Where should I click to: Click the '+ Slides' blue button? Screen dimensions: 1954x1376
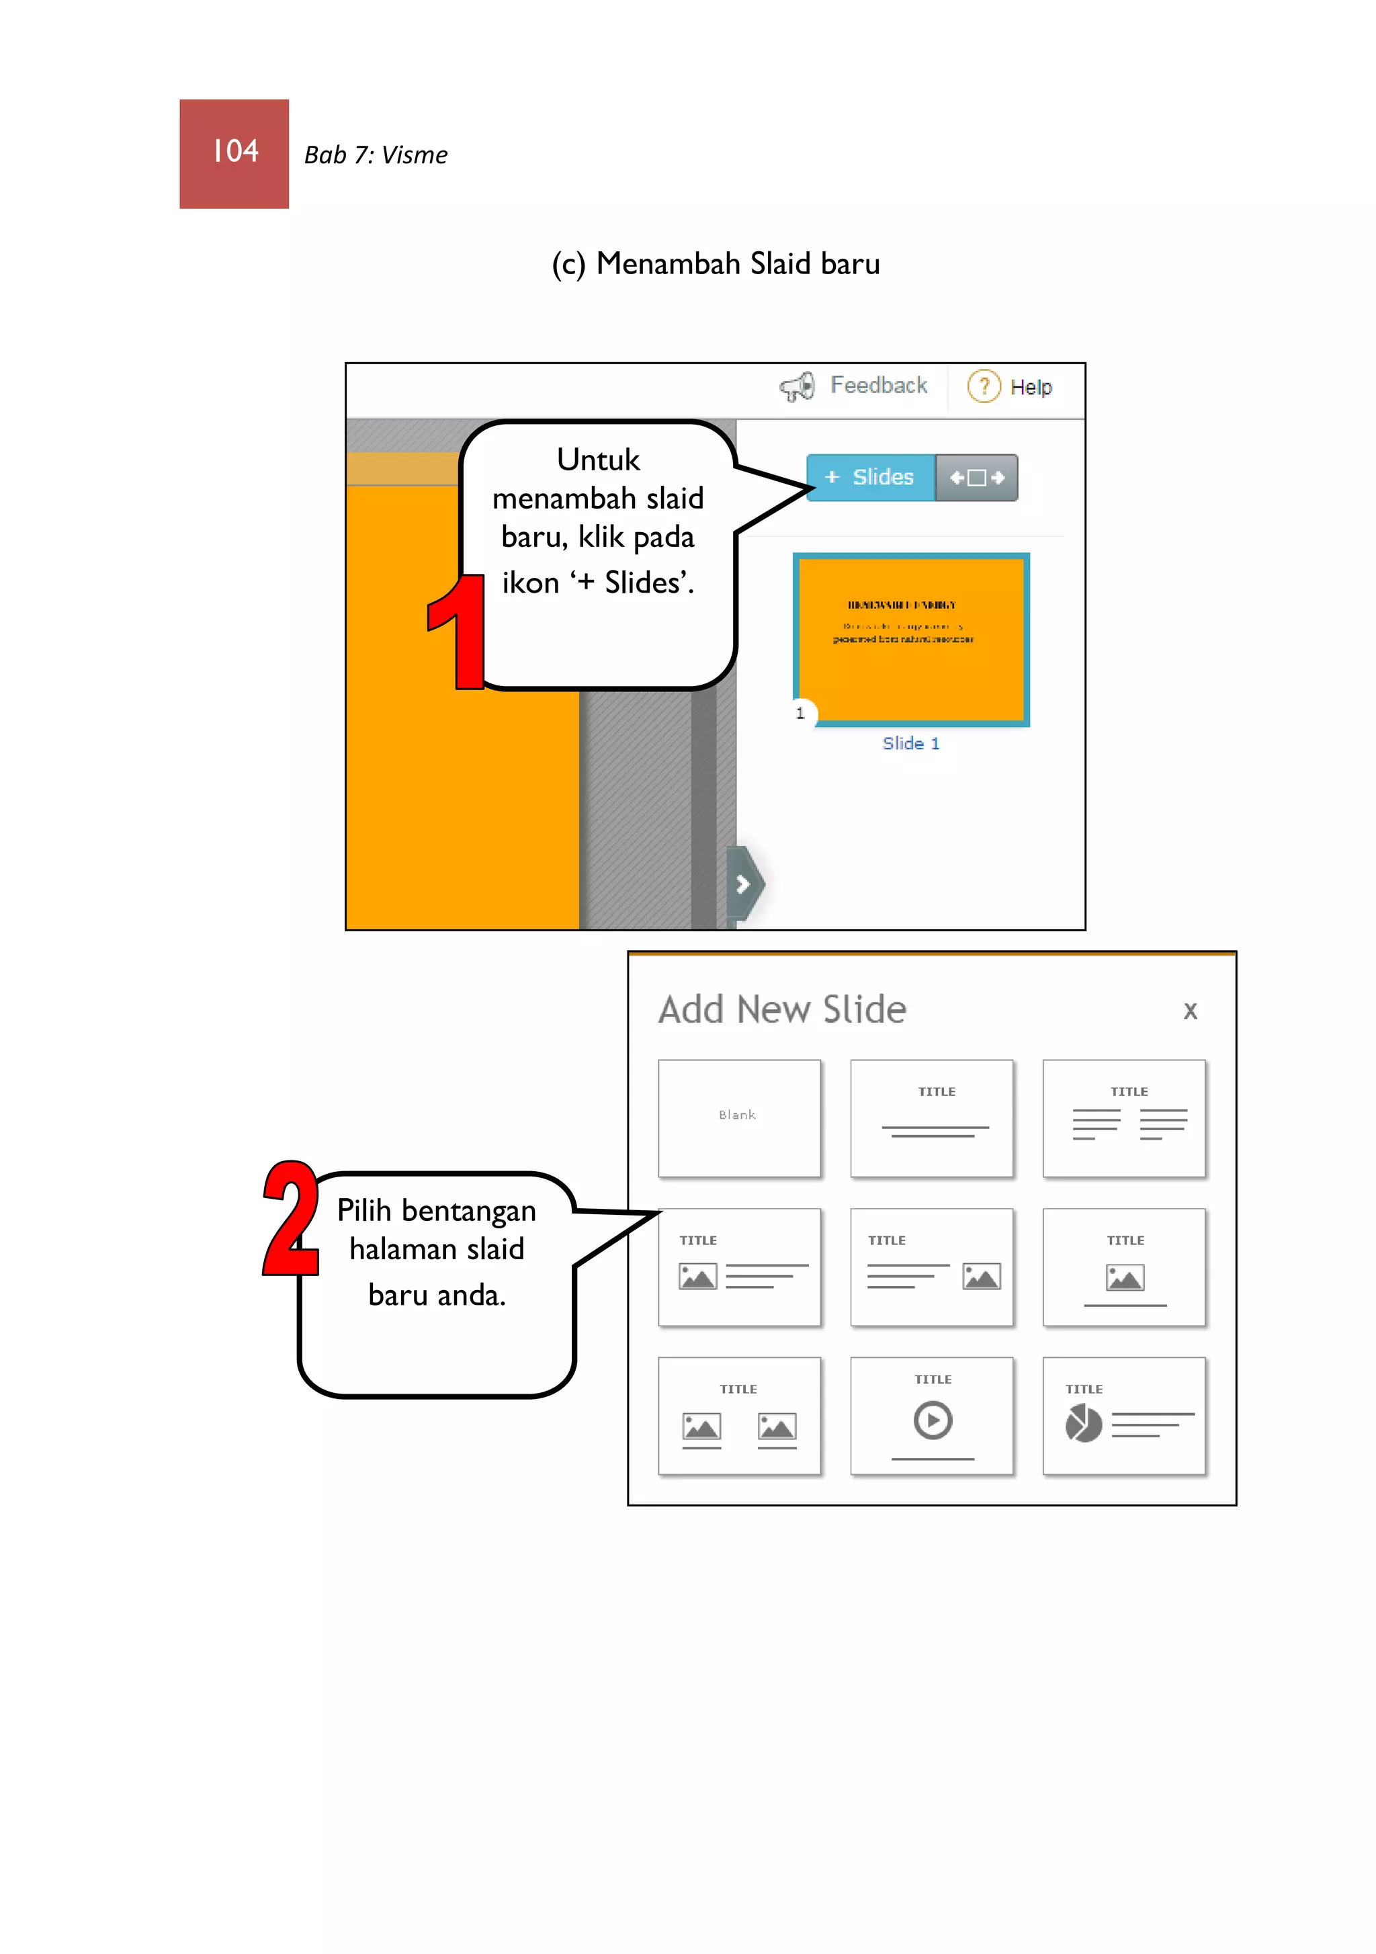[x=869, y=478]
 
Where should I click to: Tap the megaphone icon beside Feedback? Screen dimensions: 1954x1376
[x=798, y=387]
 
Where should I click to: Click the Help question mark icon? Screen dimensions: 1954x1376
[x=984, y=386]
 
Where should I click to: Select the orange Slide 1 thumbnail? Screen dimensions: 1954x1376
[x=910, y=640]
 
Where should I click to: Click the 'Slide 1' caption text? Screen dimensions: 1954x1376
[x=910, y=744]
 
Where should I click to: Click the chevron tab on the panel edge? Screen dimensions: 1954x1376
[x=744, y=884]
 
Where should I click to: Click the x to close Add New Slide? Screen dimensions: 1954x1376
[x=1190, y=1011]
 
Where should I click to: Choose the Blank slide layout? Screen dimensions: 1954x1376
[x=738, y=1117]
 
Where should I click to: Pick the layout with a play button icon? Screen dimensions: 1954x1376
[x=932, y=1415]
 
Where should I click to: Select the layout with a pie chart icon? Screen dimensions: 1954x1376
[x=1123, y=1415]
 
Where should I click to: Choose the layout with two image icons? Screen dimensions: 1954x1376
[x=738, y=1415]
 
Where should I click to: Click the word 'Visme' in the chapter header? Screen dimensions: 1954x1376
[x=415, y=156]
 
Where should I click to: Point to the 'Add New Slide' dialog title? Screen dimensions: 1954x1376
[x=782, y=1010]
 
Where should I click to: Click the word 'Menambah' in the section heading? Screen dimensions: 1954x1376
[x=668, y=265]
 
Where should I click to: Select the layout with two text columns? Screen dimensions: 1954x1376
[x=1123, y=1117]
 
